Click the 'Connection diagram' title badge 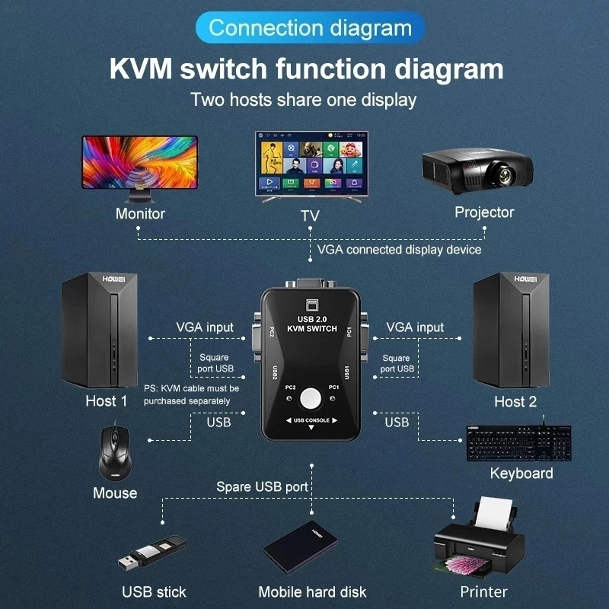tap(310, 29)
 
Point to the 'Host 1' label tap(107, 401)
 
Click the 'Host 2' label tap(515, 402)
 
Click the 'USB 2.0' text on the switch tap(310, 318)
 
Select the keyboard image tap(518, 441)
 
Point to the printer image tap(479, 538)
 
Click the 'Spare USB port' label tap(262, 486)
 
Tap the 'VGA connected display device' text tap(399, 250)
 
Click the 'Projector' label tap(484, 212)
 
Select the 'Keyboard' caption tap(521, 473)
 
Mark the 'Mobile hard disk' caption tap(312, 591)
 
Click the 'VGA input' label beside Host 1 tap(205, 327)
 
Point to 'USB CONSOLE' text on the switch tap(311, 420)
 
